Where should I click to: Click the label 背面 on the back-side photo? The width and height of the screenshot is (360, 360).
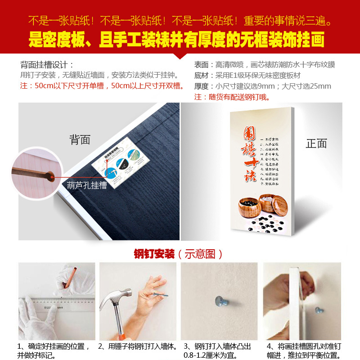(x=80, y=140)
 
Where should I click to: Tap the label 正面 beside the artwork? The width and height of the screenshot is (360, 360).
(x=316, y=144)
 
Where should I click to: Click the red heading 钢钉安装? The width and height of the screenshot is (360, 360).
(x=154, y=254)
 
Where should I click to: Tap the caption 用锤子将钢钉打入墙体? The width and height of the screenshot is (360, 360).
(x=139, y=346)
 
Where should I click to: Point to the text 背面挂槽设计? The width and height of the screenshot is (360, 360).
(x=47, y=64)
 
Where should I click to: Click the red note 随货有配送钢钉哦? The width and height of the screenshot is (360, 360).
(x=232, y=97)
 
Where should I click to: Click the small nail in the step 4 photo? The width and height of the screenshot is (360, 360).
(x=319, y=310)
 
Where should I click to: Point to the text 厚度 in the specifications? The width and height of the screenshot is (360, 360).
(x=201, y=86)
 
